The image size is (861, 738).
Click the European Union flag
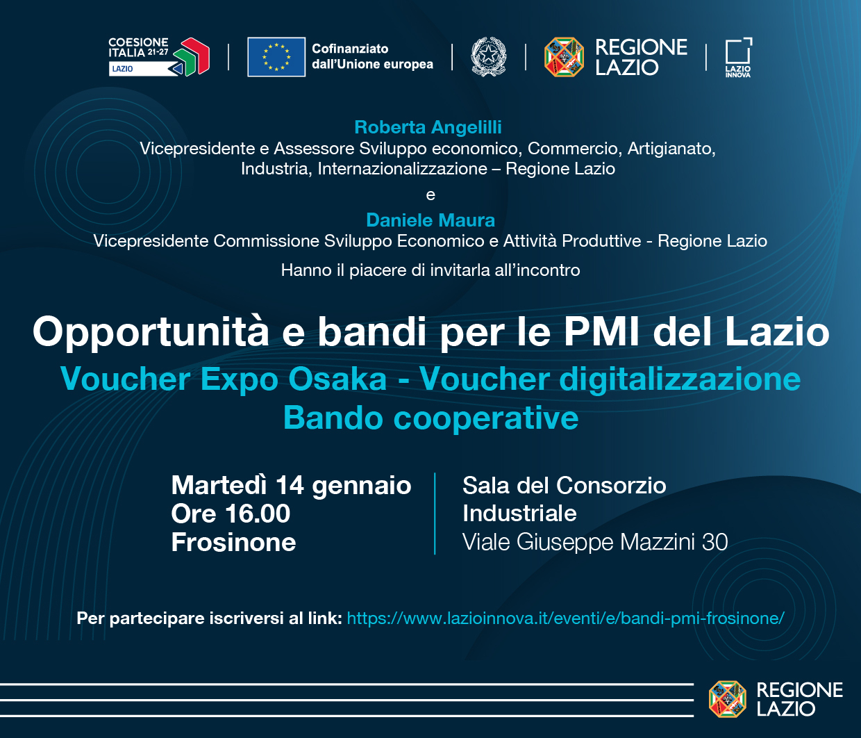click(276, 57)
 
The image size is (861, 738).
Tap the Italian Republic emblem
click(489, 57)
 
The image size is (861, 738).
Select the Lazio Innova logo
click(739, 58)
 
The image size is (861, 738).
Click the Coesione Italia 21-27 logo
click(159, 57)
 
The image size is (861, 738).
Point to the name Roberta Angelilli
click(428, 127)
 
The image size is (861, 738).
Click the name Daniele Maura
click(430, 220)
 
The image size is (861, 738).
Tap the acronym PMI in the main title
click(601, 332)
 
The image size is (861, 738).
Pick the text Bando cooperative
click(430, 418)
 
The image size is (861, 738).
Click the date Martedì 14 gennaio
click(291, 485)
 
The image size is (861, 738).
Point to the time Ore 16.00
click(231, 514)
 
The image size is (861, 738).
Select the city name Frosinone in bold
click(234, 542)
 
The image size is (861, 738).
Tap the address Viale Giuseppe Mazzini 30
click(595, 542)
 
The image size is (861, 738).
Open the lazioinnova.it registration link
click(566, 618)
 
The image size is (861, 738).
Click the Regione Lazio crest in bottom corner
click(728, 699)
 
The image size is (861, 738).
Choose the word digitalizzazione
click(680, 379)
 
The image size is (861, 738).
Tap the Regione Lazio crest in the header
click(564, 57)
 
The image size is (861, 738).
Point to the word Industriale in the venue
click(519, 514)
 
